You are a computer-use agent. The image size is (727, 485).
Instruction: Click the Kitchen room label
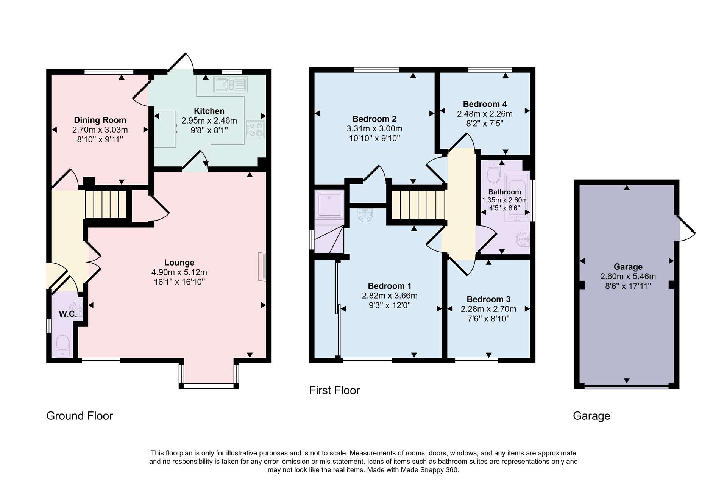[x=209, y=111]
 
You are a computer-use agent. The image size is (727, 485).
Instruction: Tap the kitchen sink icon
[x=230, y=84]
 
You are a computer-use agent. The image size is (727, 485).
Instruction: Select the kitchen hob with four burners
[x=255, y=129]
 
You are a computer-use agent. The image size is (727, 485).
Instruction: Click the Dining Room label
[x=100, y=120]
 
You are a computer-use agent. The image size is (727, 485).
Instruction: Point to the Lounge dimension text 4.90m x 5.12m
[x=179, y=272]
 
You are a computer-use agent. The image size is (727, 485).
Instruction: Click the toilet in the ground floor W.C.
[x=62, y=347]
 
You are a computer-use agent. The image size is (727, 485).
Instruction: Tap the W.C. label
[x=68, y=314]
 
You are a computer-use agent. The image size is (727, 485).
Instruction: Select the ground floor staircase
[x=106, y=205]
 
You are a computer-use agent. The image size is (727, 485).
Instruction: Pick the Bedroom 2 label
[x=374, y=119]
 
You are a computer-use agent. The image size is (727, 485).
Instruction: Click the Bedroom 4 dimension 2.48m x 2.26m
[x=485, y=114]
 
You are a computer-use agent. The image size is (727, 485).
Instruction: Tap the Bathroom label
[x=505, y=192]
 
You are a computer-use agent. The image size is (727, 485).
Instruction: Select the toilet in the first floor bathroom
[x=493, y=171]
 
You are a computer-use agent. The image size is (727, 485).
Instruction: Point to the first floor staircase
[x=418, y=205]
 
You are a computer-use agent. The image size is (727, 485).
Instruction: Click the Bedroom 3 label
[x=488, y=299]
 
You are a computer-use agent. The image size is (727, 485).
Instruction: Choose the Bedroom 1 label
[x=390, y=286]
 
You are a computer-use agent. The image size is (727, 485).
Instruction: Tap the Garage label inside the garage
[x=628, y=267]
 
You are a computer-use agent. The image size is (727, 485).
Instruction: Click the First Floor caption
[x=334, y=390]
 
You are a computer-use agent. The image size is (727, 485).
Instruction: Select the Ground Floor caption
[x=80, y=416]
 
